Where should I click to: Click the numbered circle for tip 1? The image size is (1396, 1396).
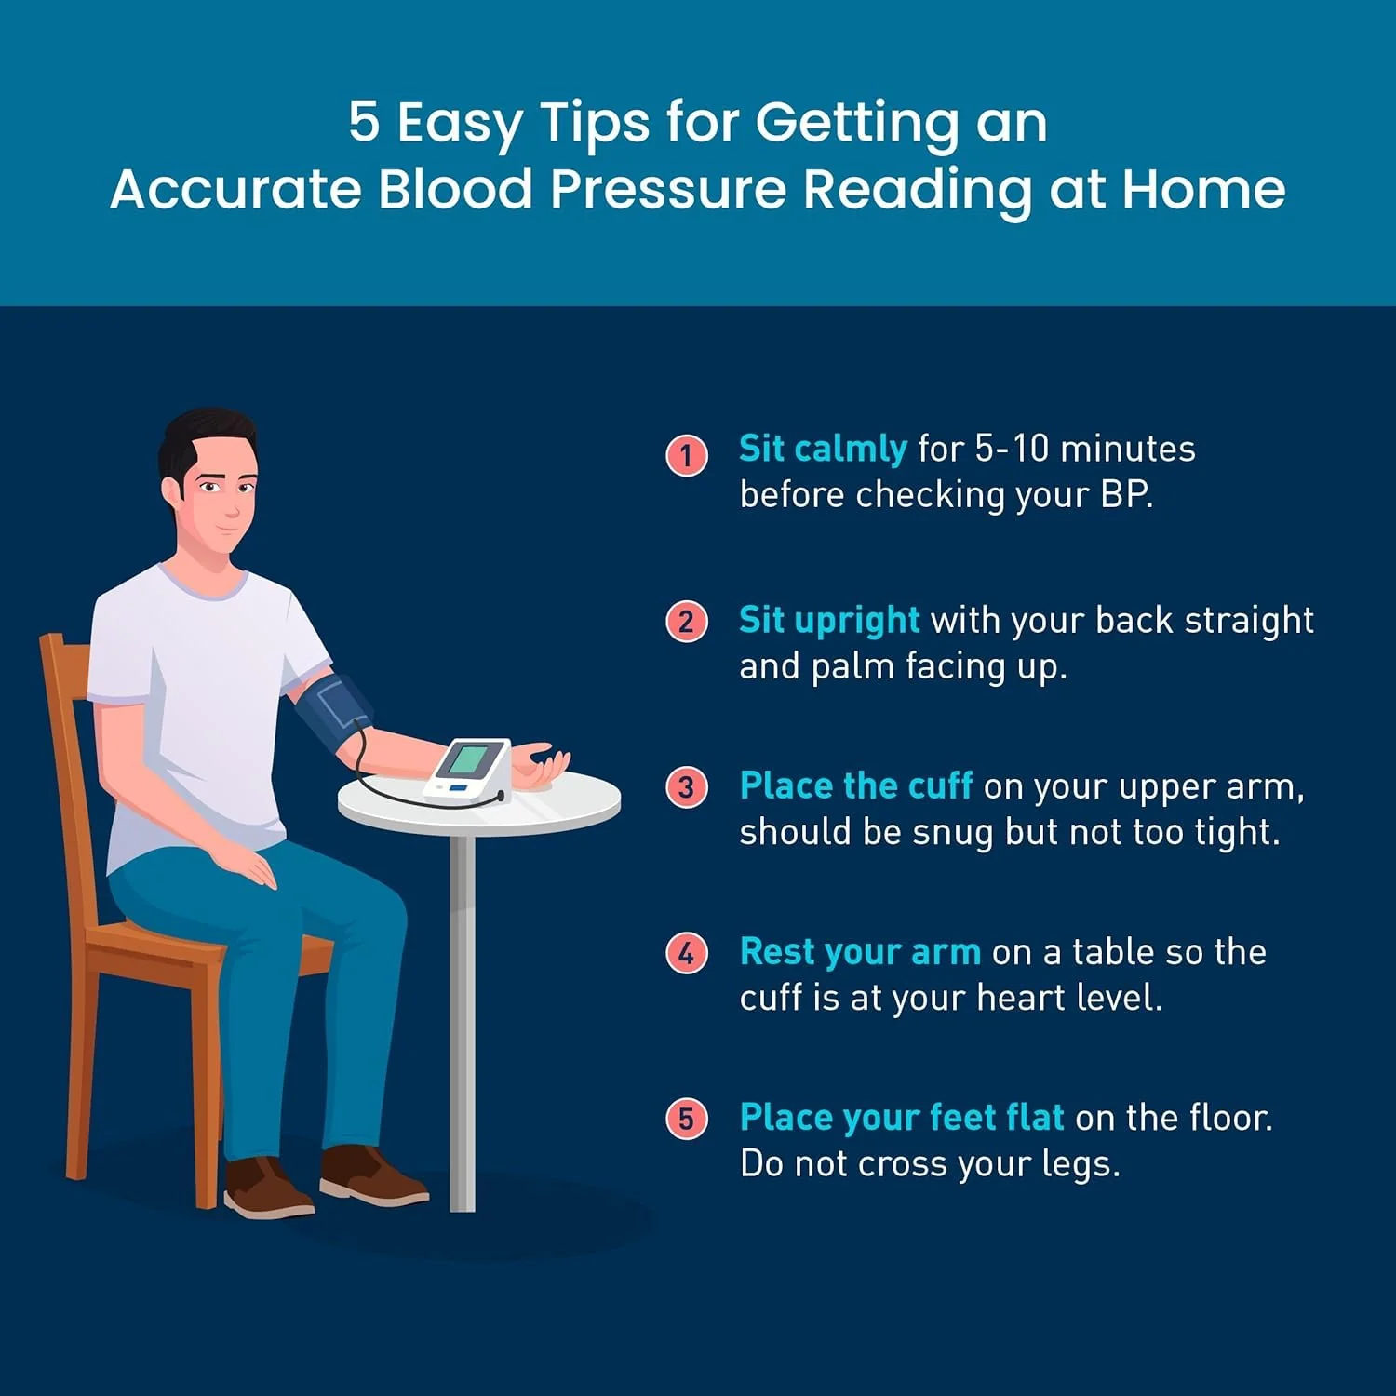[687, 455]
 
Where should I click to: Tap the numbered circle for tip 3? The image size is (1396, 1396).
[687, 787]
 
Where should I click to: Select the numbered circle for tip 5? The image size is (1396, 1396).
[687, 1118]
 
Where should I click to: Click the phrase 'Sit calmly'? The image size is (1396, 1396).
[823, 450]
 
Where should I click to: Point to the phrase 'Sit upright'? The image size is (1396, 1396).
[829, 621]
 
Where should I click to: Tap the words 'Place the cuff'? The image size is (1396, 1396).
[856, 785]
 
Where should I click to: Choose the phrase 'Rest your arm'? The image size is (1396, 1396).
[860, 952]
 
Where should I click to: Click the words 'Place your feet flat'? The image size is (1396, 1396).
[902, 1118]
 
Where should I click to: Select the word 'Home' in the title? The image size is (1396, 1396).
[1203, 189]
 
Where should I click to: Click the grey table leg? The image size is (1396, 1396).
[462, 1023]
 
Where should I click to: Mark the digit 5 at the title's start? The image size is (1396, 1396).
[364, 123]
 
